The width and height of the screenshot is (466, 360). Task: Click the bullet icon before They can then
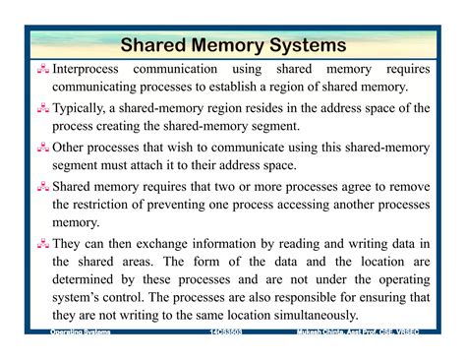[42, 242]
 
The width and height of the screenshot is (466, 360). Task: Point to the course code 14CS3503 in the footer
[227, 334]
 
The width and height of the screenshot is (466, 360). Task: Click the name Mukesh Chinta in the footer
[324, 334]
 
